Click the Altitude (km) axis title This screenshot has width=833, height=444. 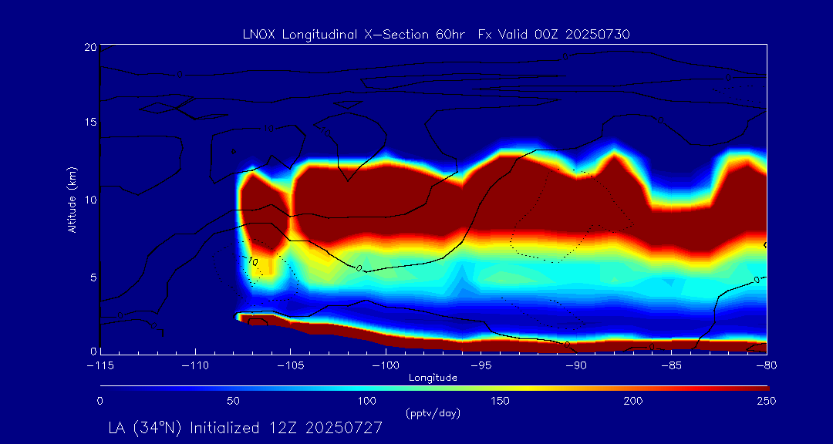pyautogui.click(x=72, y=199)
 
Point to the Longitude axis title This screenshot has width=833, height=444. pyautogui.click(x=433, y=377)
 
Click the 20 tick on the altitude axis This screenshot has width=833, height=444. pyautogui.click(x=89, y=48)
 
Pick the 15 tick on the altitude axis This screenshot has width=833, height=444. pyautogui.click(x=89, y=123)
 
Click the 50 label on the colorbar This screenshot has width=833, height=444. pyautogui.click(x=233, y=401)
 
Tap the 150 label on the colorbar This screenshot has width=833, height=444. pyautogui.click(x=500, y=401)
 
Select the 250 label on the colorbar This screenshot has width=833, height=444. pyautogui.click(x=766, y=401)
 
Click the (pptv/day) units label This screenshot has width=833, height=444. pyautogui.click(x=433, y=413)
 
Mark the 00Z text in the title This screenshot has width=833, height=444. pyautogui.click(x=534, y=34)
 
